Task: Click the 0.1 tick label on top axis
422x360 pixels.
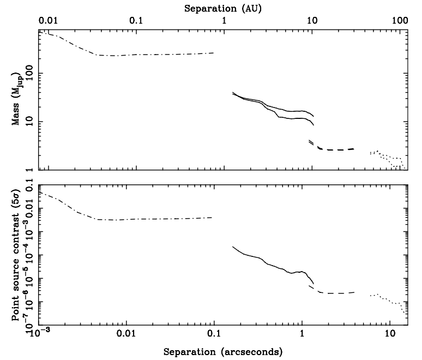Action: click(136, 21)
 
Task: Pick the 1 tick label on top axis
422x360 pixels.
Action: click(225, 21)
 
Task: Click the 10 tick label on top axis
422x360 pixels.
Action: click(312, 21)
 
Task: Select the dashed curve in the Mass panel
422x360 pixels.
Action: click(338, 149)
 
